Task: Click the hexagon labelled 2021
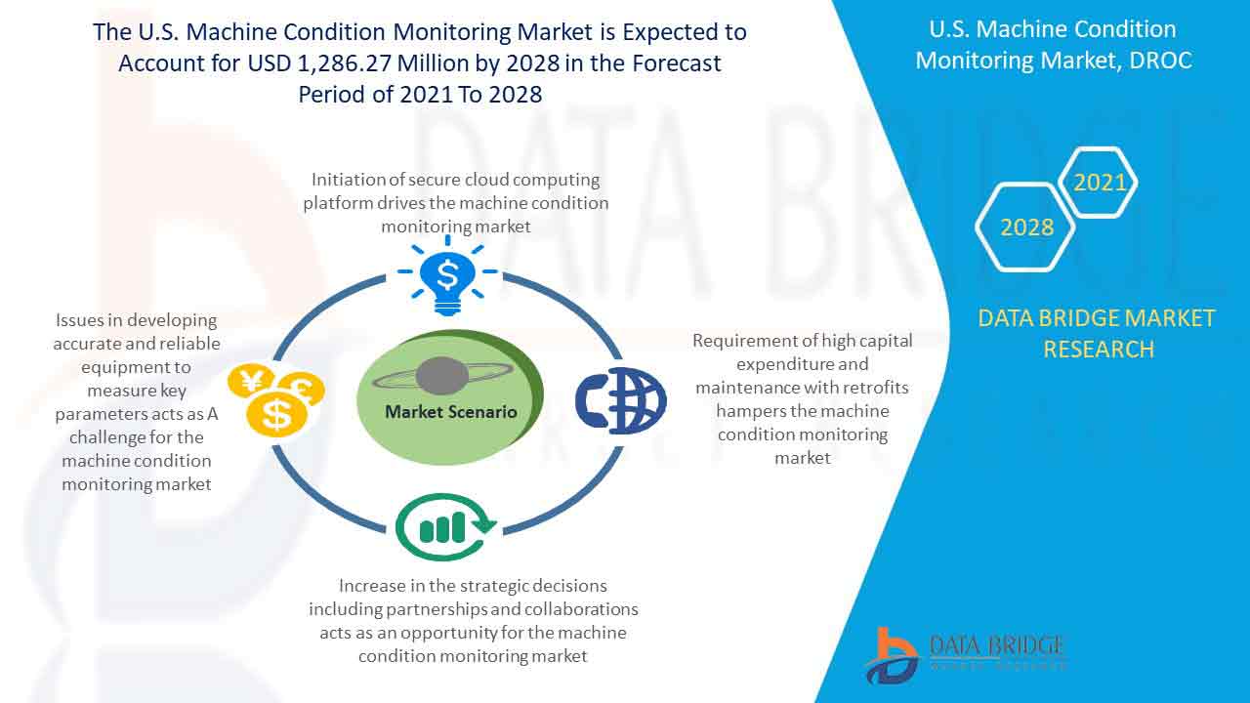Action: tap(1100, 182)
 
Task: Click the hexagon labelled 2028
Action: tap(1026, 227)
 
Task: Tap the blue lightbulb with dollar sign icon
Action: tap(447, 275)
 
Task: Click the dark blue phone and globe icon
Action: tap(620, 400)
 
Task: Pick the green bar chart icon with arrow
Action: tap(445, 528)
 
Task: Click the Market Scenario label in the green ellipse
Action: tap(450, 411)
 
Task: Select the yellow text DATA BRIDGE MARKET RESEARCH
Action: tap(1098, 333)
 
